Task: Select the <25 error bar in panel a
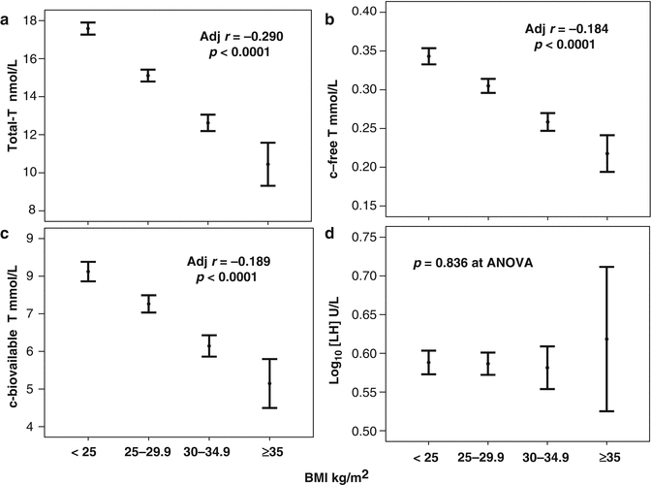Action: click(x=88, y=28)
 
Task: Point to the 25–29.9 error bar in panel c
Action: click(x=148, y=304)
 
